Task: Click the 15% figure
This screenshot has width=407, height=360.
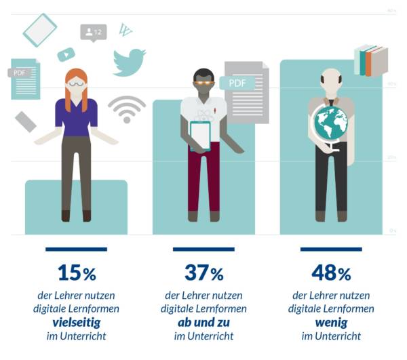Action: pyautogui.click(x=77, y=273)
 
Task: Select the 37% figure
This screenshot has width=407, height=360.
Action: pyautogui.click(x=203, y=273)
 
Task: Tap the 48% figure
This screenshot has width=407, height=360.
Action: pyautogui.click(x=330, y=273)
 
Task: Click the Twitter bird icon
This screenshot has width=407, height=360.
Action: pyautogui.click(x=129, y=61)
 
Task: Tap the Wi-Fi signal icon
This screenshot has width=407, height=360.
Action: pyautogui.click(x=127, y=108)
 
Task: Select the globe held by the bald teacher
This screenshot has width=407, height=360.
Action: pyautogui.click(x=330, y=123)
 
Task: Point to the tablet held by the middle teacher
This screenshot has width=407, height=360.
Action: pyautogui.click(x=201, y=136)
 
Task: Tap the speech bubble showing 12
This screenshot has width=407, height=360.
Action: pyautogui.click(x=94, y=32)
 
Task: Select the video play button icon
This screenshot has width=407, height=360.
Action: pyautogui.click(x=66, y=55)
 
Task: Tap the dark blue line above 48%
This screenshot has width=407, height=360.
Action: pyautogui.click(x=330, y=249)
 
